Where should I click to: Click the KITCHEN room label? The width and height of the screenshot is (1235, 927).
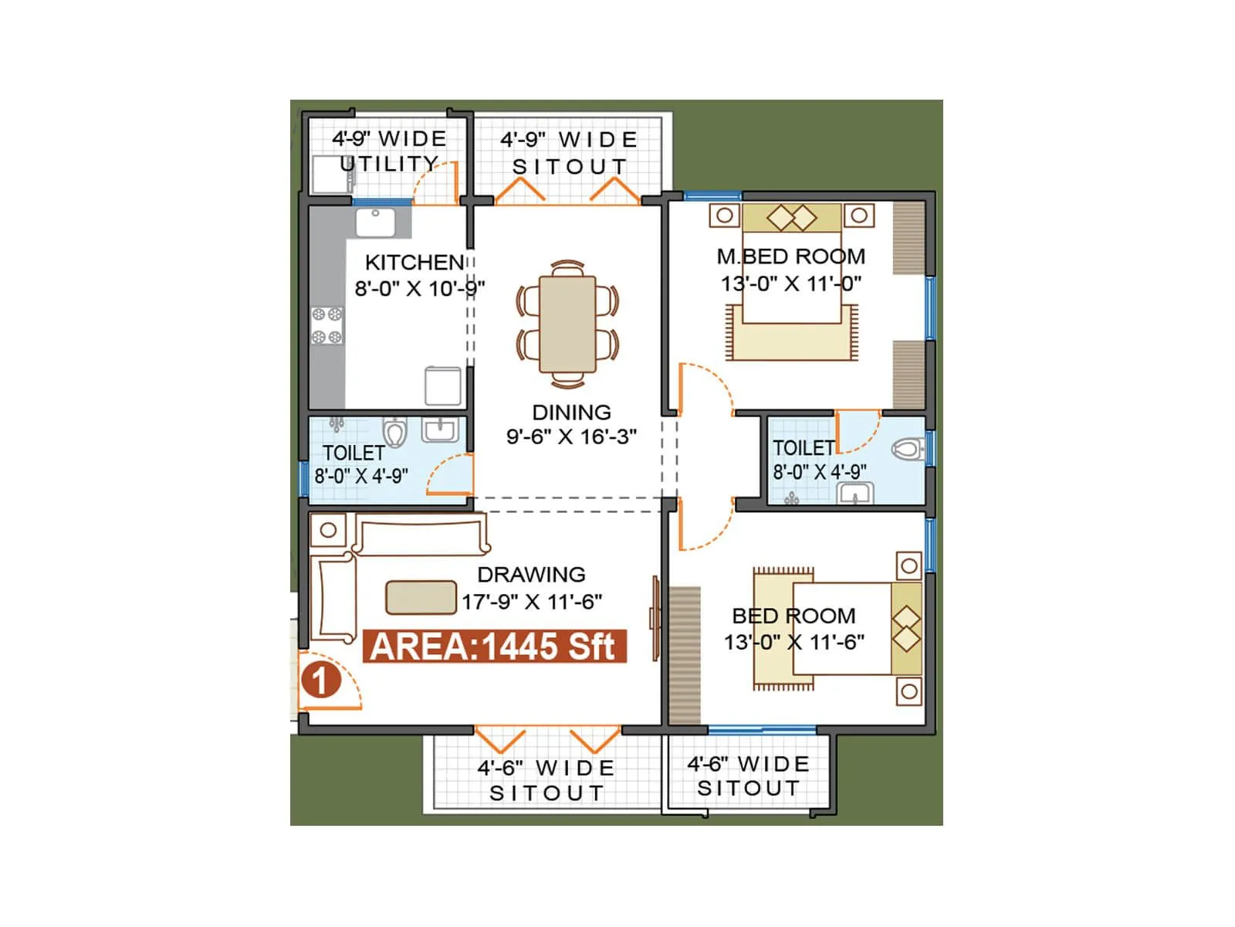[414, 262]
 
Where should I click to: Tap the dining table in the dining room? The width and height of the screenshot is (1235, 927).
[567, 324]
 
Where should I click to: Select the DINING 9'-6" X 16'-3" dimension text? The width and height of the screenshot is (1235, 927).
[571, 436]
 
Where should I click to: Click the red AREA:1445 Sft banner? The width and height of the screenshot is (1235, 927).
[494, 647]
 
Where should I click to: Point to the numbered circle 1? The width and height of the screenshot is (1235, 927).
[320, 681]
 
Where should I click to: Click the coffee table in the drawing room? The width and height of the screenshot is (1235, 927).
[421, 597]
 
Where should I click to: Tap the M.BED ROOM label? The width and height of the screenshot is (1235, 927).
[790, 256]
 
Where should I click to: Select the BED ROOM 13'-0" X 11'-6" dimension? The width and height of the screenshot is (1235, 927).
[793, 642]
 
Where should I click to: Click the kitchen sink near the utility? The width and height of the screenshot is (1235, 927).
[376, 222]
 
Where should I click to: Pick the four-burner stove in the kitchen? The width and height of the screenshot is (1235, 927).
[327, 325]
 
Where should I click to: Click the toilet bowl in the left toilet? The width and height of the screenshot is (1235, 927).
[395, 433]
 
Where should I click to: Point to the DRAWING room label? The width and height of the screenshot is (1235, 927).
[531, 575]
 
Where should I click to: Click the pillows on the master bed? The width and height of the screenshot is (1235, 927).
[791, 217]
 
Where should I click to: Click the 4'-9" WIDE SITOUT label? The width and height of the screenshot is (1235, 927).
[570, 153]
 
